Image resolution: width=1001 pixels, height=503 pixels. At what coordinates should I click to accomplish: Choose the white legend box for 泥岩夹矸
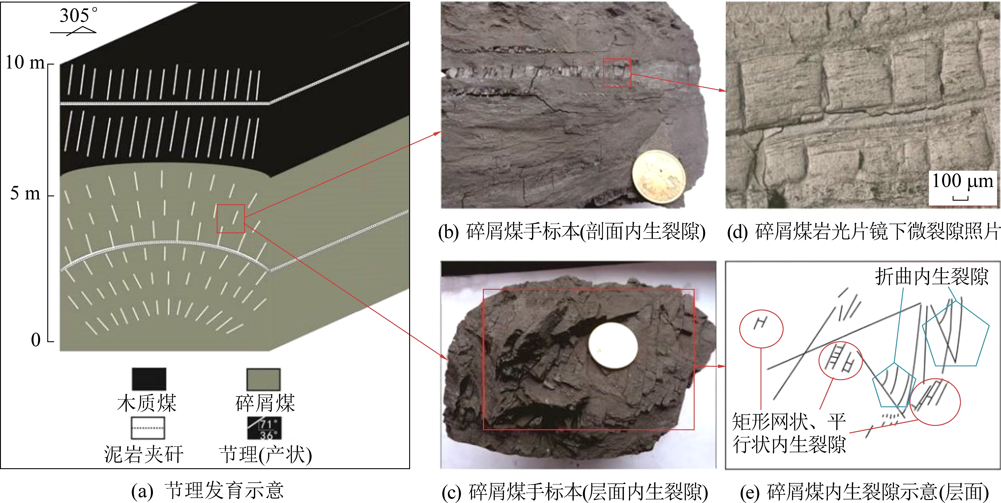pos(148,428)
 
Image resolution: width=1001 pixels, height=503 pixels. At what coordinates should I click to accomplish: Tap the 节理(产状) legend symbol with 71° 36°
pos(264,428)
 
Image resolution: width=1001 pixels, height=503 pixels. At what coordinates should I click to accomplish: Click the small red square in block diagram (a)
pos(230,219)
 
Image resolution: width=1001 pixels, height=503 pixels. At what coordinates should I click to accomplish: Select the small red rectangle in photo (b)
pos(617,73)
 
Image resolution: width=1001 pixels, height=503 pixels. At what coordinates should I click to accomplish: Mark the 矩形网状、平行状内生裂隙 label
pos(789,433)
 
